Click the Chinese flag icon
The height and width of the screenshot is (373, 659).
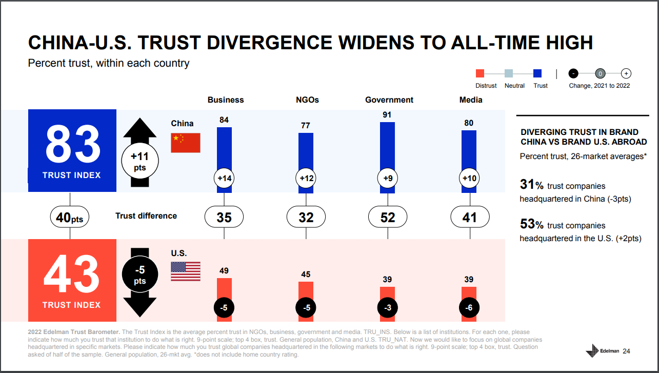tap(185, 143)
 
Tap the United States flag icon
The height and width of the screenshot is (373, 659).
tap(185, 271)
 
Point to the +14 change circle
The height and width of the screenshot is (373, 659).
tap(224, 179)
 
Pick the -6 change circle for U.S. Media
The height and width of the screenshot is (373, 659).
tap(469, 308)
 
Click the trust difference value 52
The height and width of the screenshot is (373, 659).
tap(388, 218)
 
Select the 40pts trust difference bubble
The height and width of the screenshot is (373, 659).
tap(70, 218)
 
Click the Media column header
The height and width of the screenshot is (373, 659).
tap(470, 100)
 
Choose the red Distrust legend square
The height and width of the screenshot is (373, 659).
tap(480, 73)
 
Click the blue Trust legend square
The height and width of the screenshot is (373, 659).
tap(538, 73)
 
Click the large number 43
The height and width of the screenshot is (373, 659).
tap(71, 275)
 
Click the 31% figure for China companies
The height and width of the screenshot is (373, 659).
tap(531, 185)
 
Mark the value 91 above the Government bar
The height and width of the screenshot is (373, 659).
tap(387, 115)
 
